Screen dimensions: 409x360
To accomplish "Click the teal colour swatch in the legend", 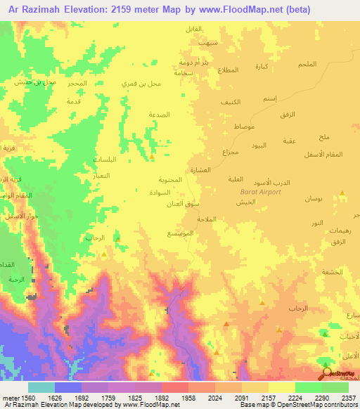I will [41, 387].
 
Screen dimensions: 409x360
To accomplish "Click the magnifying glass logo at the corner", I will [326, 372].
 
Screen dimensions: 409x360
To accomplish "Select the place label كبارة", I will [262, 67].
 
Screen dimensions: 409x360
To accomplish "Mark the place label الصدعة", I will [160, 115].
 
